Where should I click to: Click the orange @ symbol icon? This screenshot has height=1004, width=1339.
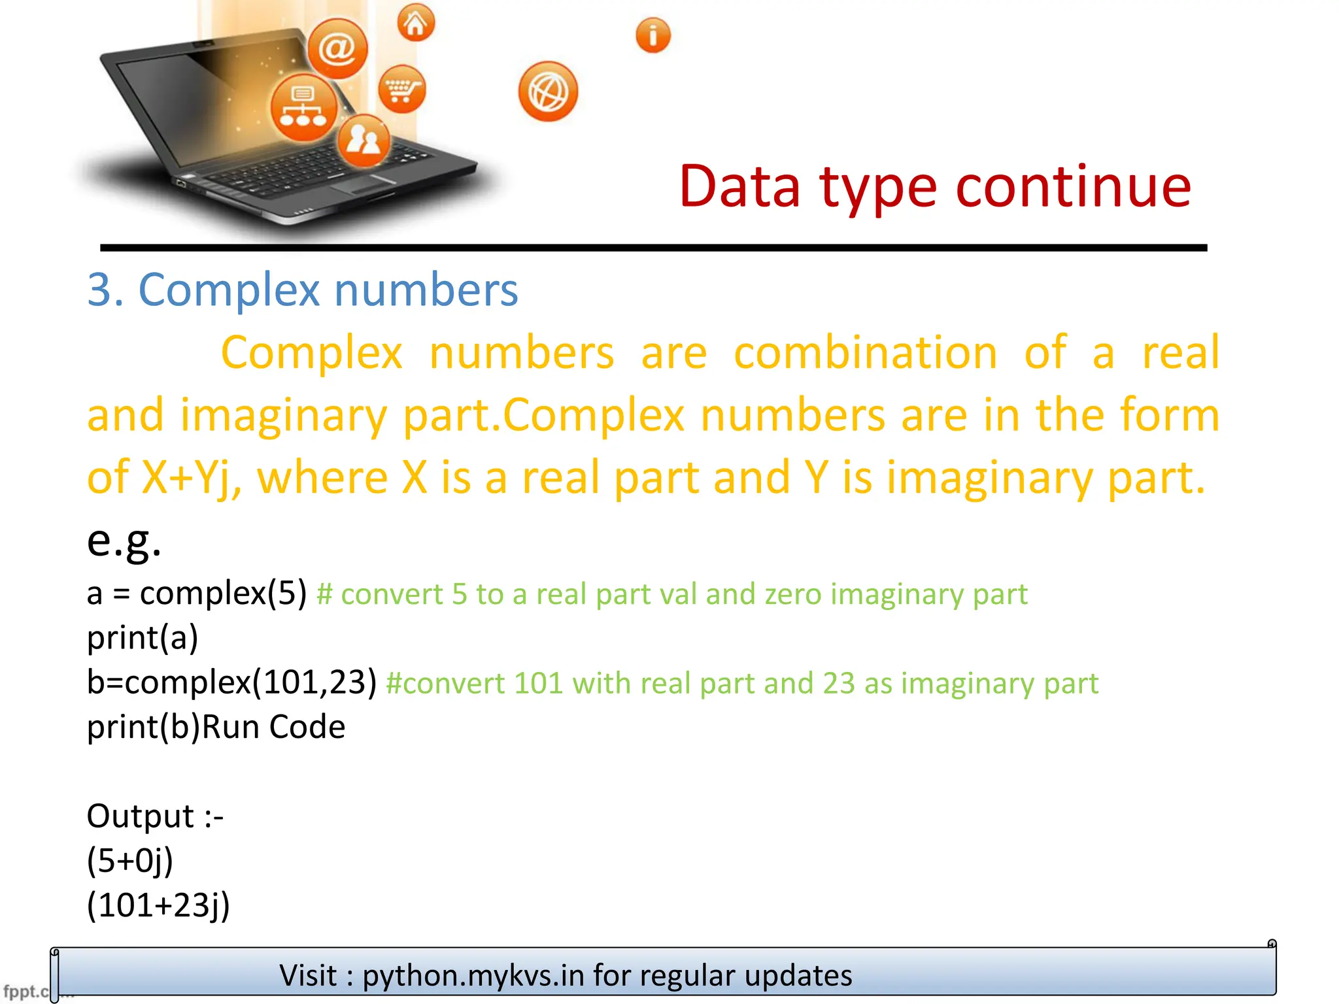[337, 48]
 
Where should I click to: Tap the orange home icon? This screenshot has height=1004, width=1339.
[416, 23]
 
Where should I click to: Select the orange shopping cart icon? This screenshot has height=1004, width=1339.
[401, 89]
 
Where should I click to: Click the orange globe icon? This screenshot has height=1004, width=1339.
[548, 92]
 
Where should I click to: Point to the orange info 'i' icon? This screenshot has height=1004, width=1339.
[653, 35]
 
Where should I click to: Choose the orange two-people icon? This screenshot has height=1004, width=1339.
[364, 141]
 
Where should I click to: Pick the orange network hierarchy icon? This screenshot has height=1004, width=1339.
[303, 107]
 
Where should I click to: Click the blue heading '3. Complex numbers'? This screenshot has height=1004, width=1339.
[303, 290]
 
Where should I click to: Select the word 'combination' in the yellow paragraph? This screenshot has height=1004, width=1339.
[865, 353]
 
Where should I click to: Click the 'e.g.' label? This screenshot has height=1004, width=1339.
[124, 541]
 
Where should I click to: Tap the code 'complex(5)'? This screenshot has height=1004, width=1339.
[223, 594]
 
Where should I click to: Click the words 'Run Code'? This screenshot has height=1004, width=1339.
[274, 727]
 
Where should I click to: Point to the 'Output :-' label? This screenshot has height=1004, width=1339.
[155, 816]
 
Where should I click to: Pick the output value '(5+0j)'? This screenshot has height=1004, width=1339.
[130, 861]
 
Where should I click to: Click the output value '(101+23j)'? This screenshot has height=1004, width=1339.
[158, 905]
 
